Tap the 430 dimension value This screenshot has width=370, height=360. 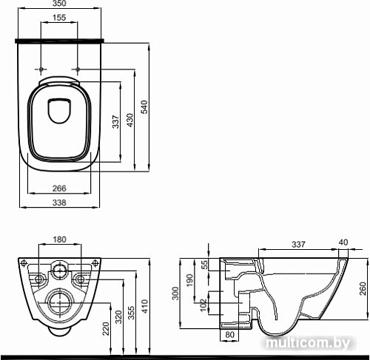click(x=130, y=123)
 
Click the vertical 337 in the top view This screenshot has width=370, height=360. click(x=115, y=123)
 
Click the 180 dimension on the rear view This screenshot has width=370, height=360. click(x=60, y=240)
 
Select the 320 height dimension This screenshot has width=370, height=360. click(x=119, y=318)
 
